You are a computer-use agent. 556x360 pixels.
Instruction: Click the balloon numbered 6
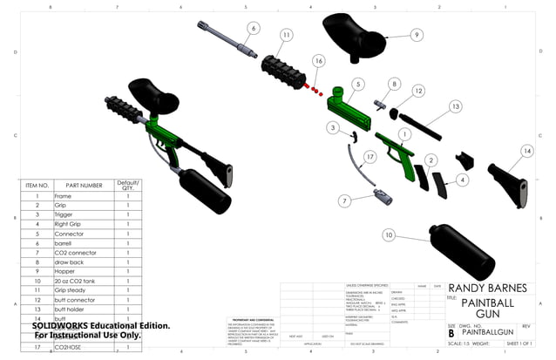253,28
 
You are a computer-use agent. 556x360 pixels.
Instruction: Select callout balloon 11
286,35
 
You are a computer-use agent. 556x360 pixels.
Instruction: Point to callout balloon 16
319,61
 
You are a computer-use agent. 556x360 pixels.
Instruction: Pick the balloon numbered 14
525,151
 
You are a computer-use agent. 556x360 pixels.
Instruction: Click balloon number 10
388,235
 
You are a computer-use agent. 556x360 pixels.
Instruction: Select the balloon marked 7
345,200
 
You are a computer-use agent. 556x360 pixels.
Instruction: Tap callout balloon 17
370,157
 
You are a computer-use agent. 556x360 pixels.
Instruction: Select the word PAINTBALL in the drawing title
492,302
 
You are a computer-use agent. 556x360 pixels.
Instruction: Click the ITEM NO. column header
37,186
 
